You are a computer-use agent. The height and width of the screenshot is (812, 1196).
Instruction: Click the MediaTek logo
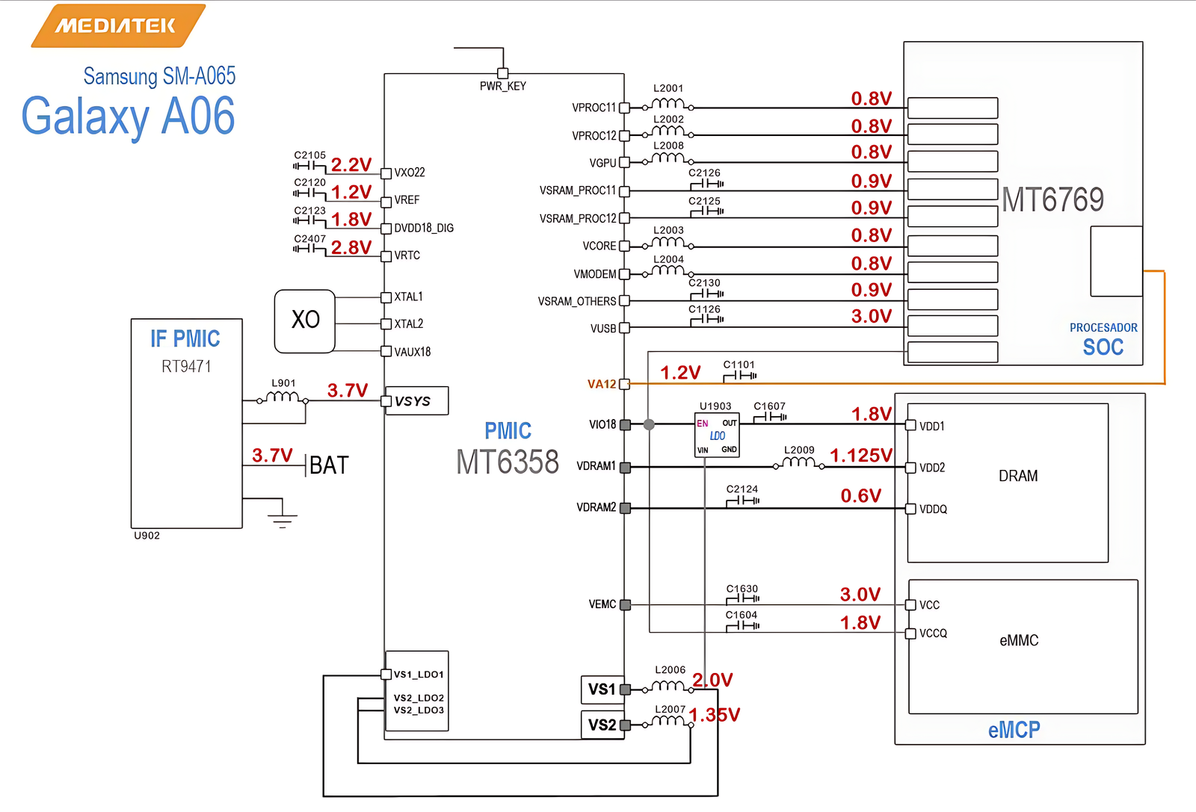[x=117, y=25]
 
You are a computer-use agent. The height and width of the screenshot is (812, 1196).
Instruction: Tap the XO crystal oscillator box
[x=305, y=321]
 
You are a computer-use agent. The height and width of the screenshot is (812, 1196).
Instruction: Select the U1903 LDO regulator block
[x=717, y=435]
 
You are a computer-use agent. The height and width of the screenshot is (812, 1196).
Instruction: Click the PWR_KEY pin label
[x=502, y=86]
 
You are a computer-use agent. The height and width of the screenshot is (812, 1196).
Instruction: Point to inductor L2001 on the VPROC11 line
[x=668, y=104]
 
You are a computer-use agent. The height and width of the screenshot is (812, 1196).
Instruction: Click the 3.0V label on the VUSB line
[x=871, y=316]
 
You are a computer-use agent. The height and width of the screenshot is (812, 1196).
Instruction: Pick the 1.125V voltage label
[x=860, y=455]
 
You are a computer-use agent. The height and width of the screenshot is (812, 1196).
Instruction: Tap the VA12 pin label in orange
[x=602, y=384]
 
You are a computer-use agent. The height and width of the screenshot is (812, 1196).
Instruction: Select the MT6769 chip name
[x=1052, y=199]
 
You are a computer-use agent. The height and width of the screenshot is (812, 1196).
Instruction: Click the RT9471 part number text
[x=186, y=366]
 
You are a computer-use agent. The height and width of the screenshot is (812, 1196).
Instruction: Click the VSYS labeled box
[x=416, y=401]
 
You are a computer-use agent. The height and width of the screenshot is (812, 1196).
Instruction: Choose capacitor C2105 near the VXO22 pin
[x=309, y=165]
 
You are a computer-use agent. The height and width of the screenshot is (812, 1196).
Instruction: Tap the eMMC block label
[x=1019, y=640]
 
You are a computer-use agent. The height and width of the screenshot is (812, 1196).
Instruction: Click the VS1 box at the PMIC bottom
[x=602, y=689]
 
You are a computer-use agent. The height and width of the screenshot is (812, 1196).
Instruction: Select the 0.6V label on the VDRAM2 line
[x=860, y=496]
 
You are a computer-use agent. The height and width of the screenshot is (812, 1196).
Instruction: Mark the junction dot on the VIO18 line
[x=649, y=424]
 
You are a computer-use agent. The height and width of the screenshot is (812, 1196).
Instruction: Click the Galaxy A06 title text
[x=128, y=116]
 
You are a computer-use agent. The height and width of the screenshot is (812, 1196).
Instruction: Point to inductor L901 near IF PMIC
[x=283, y=397]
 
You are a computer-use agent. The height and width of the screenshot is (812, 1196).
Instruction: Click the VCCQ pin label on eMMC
[x=933, y=633]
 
